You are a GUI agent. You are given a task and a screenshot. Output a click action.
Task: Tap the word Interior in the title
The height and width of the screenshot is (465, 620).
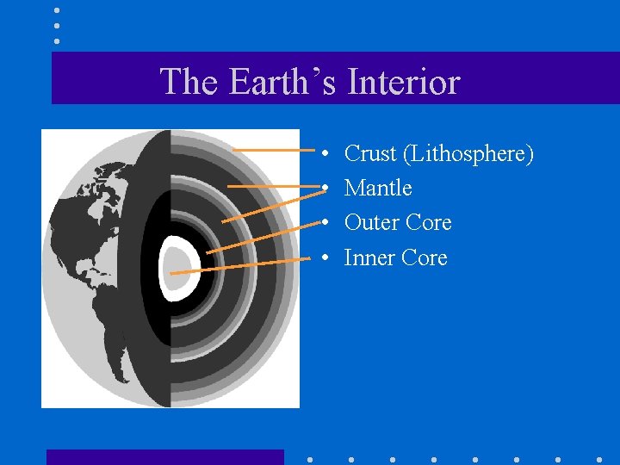point(403,83)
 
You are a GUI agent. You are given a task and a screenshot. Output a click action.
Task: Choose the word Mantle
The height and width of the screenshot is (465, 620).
point(378,189)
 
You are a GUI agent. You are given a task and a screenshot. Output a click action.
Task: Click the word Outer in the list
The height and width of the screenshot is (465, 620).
point(371,223)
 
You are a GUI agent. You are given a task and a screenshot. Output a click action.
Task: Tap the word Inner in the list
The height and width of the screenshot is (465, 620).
point(369,257)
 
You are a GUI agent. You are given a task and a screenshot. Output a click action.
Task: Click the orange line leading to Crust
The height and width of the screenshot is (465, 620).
point(267,151)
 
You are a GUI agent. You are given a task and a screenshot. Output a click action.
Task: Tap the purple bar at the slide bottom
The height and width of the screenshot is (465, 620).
point(164,457)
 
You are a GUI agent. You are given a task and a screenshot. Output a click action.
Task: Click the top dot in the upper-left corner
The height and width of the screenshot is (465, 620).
point(57,11)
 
